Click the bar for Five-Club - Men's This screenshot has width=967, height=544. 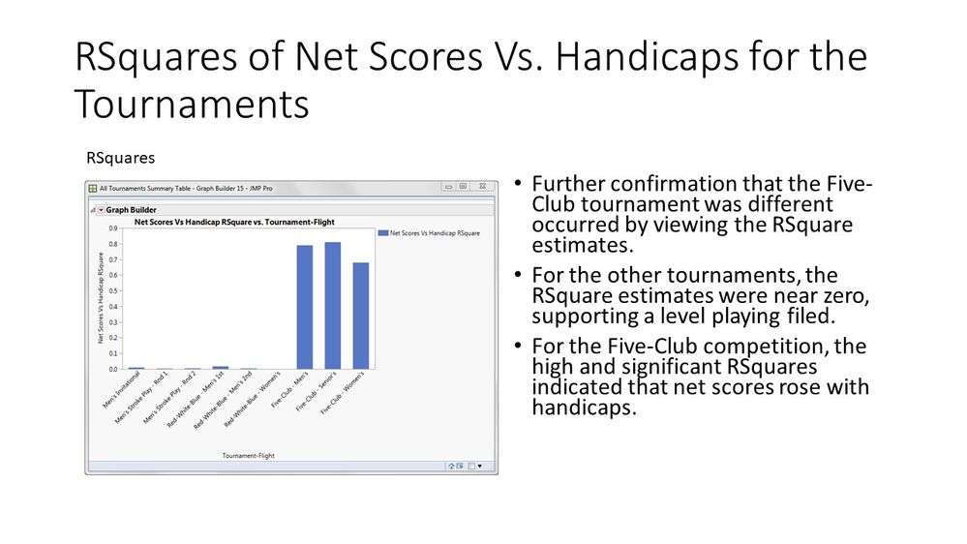click(304, 307)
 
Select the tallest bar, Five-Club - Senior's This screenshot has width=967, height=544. click(332, 305)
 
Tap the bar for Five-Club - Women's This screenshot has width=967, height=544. click(361, 316)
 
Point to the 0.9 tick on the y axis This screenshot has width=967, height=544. click(114, 228)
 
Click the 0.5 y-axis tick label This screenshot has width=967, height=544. click(114, 291)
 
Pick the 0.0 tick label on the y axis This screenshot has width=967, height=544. click(114, 369)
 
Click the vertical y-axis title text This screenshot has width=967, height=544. click(101, 298)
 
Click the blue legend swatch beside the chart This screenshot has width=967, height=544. click(382, 233)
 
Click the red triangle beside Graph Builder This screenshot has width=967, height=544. click(100, 209)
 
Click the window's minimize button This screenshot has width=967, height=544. click(448, 187)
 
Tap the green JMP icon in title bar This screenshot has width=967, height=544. click(93, 188)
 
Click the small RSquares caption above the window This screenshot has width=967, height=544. click(121, 156)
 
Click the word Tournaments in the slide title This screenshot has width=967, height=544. click(192, 104)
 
